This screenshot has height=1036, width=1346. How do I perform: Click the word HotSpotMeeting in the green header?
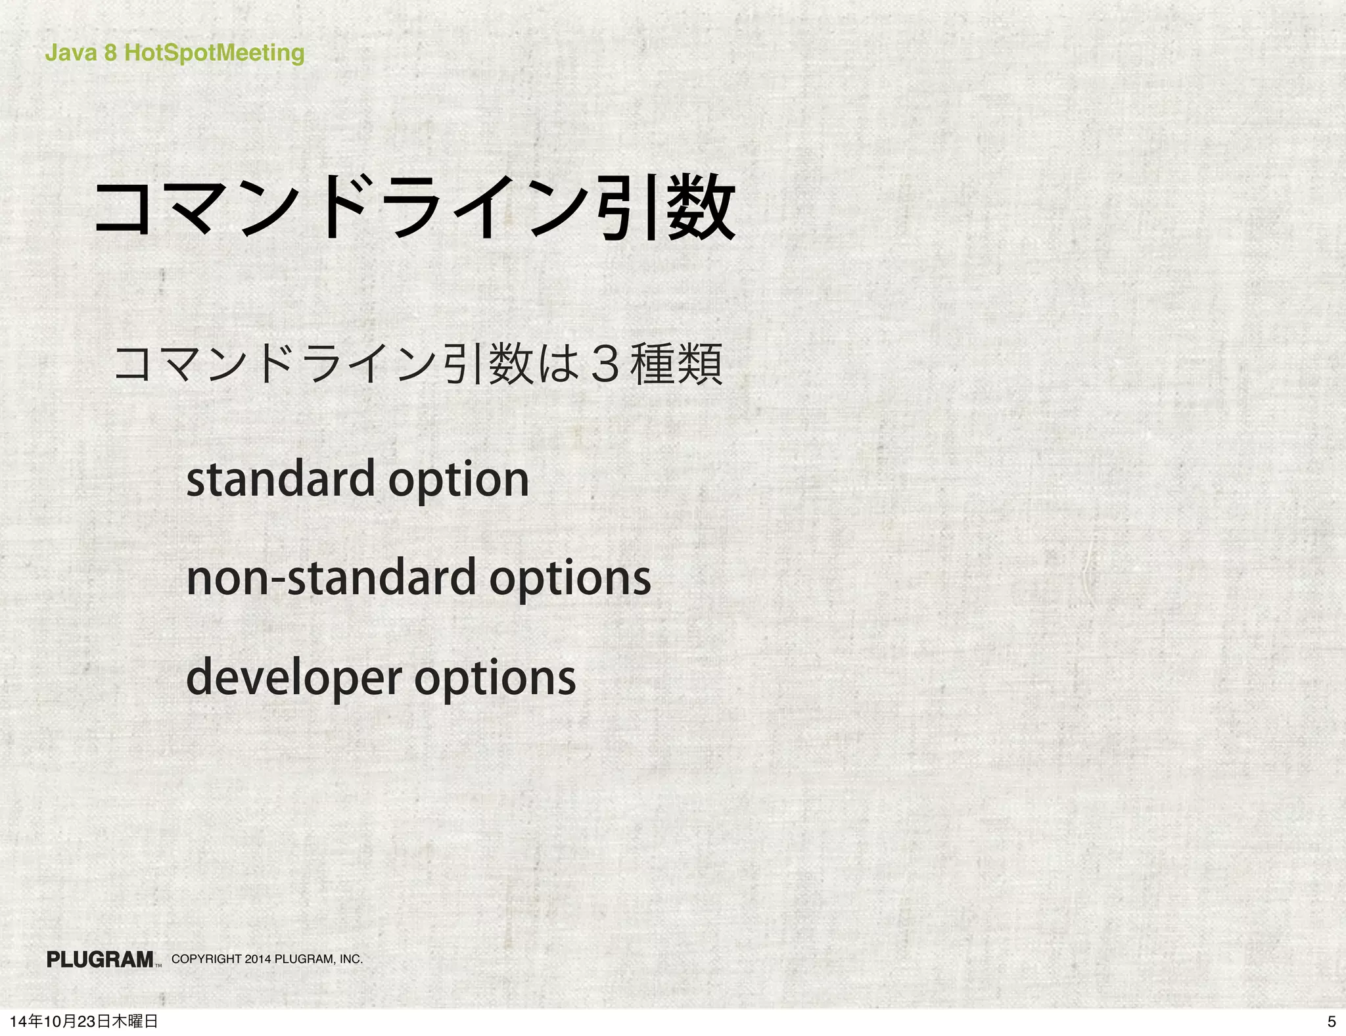coord(214,53)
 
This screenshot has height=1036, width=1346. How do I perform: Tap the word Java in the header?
coord(70,53)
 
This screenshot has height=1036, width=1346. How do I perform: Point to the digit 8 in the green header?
coord(110,53)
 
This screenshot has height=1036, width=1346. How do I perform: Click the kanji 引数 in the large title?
coord(665,208)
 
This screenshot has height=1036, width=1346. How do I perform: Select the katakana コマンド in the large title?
coord(217,208)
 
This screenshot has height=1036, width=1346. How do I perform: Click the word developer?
coord(294,677)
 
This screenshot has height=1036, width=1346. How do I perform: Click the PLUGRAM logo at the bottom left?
coord(101,960)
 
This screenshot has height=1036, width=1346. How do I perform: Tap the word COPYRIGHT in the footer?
coord(206,959)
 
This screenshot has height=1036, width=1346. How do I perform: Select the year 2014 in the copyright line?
coord(258,959)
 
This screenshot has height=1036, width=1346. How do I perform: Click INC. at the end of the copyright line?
coord(351,959)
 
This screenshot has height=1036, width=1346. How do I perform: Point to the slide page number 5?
coord(1332,1022)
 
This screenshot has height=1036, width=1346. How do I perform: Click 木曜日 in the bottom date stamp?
coord(135,1022)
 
